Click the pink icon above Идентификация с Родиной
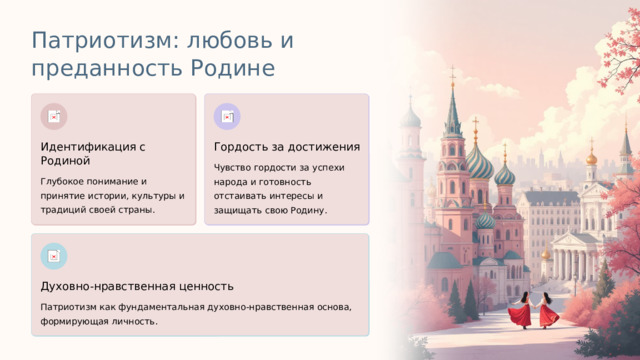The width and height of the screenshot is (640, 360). click(x=54, y=116)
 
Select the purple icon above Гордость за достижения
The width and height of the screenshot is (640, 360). click(x=227, y=116)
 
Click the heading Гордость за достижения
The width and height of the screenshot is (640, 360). click(x=286, y=147)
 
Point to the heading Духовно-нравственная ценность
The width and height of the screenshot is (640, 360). click(x=136, y=287)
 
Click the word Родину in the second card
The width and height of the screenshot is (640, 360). click(x=306, y=211)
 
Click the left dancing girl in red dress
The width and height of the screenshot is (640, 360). click(x=520, y=310)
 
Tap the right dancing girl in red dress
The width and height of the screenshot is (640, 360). click(x=548, y=310)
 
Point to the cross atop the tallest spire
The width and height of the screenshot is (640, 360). click(x=452, y=73)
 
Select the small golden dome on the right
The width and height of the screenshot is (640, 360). click(x=591, y=157)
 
